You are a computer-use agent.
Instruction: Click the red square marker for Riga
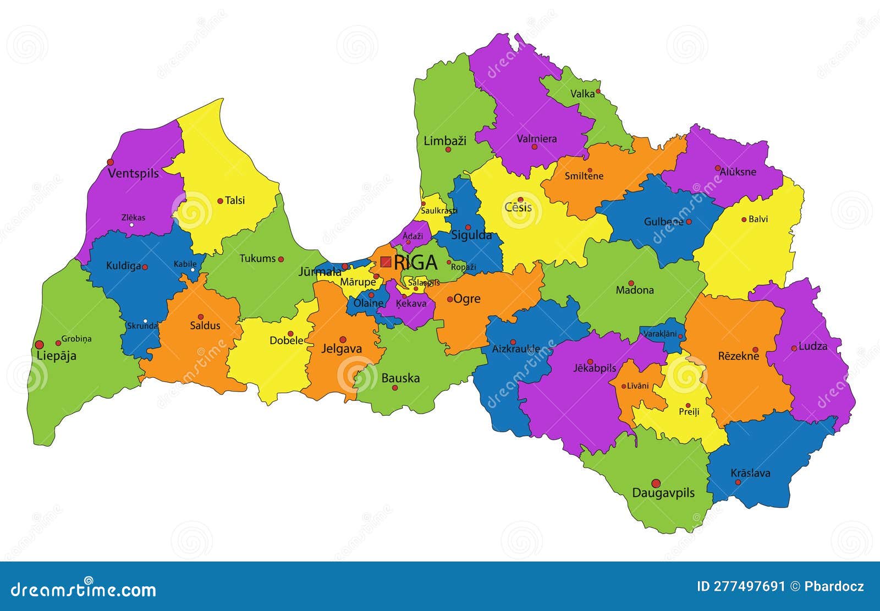[386, 262]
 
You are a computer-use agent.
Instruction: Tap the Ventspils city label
[133, 173]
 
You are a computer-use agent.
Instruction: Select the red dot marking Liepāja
[39, 345]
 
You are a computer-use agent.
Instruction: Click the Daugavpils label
[663, 493]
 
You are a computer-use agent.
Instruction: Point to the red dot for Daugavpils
[656, 483]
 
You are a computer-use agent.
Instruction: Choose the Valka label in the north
[582, 93]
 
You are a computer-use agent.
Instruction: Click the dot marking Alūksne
[718, 168]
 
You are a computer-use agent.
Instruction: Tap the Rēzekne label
[738, 356]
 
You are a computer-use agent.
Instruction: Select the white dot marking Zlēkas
[131, 225]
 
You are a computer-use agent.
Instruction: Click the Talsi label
[235, 200]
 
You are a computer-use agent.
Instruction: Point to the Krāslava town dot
[738, 482]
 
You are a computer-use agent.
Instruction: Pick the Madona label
[635, 290]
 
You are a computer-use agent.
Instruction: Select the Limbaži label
[444, 141]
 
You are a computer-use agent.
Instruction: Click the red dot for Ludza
[794, 348]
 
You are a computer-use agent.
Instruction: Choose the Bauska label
[400, 378]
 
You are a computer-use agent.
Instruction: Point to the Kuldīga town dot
[145, 267]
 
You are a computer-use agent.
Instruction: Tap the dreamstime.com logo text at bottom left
[84, 590]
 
